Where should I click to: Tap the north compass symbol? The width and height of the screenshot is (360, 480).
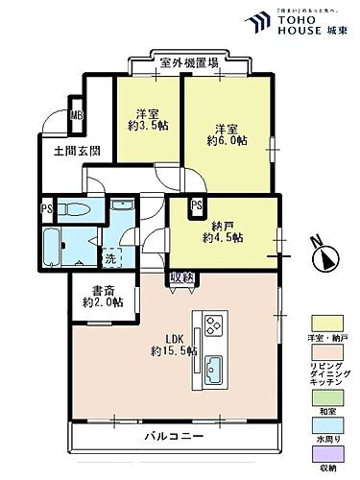(324, 257)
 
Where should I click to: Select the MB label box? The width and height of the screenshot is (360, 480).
(76, 117)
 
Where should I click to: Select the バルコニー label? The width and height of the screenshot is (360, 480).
(174, 437)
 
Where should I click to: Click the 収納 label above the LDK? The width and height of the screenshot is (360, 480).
(181, 277)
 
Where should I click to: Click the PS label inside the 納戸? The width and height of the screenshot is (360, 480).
(196, 205)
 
